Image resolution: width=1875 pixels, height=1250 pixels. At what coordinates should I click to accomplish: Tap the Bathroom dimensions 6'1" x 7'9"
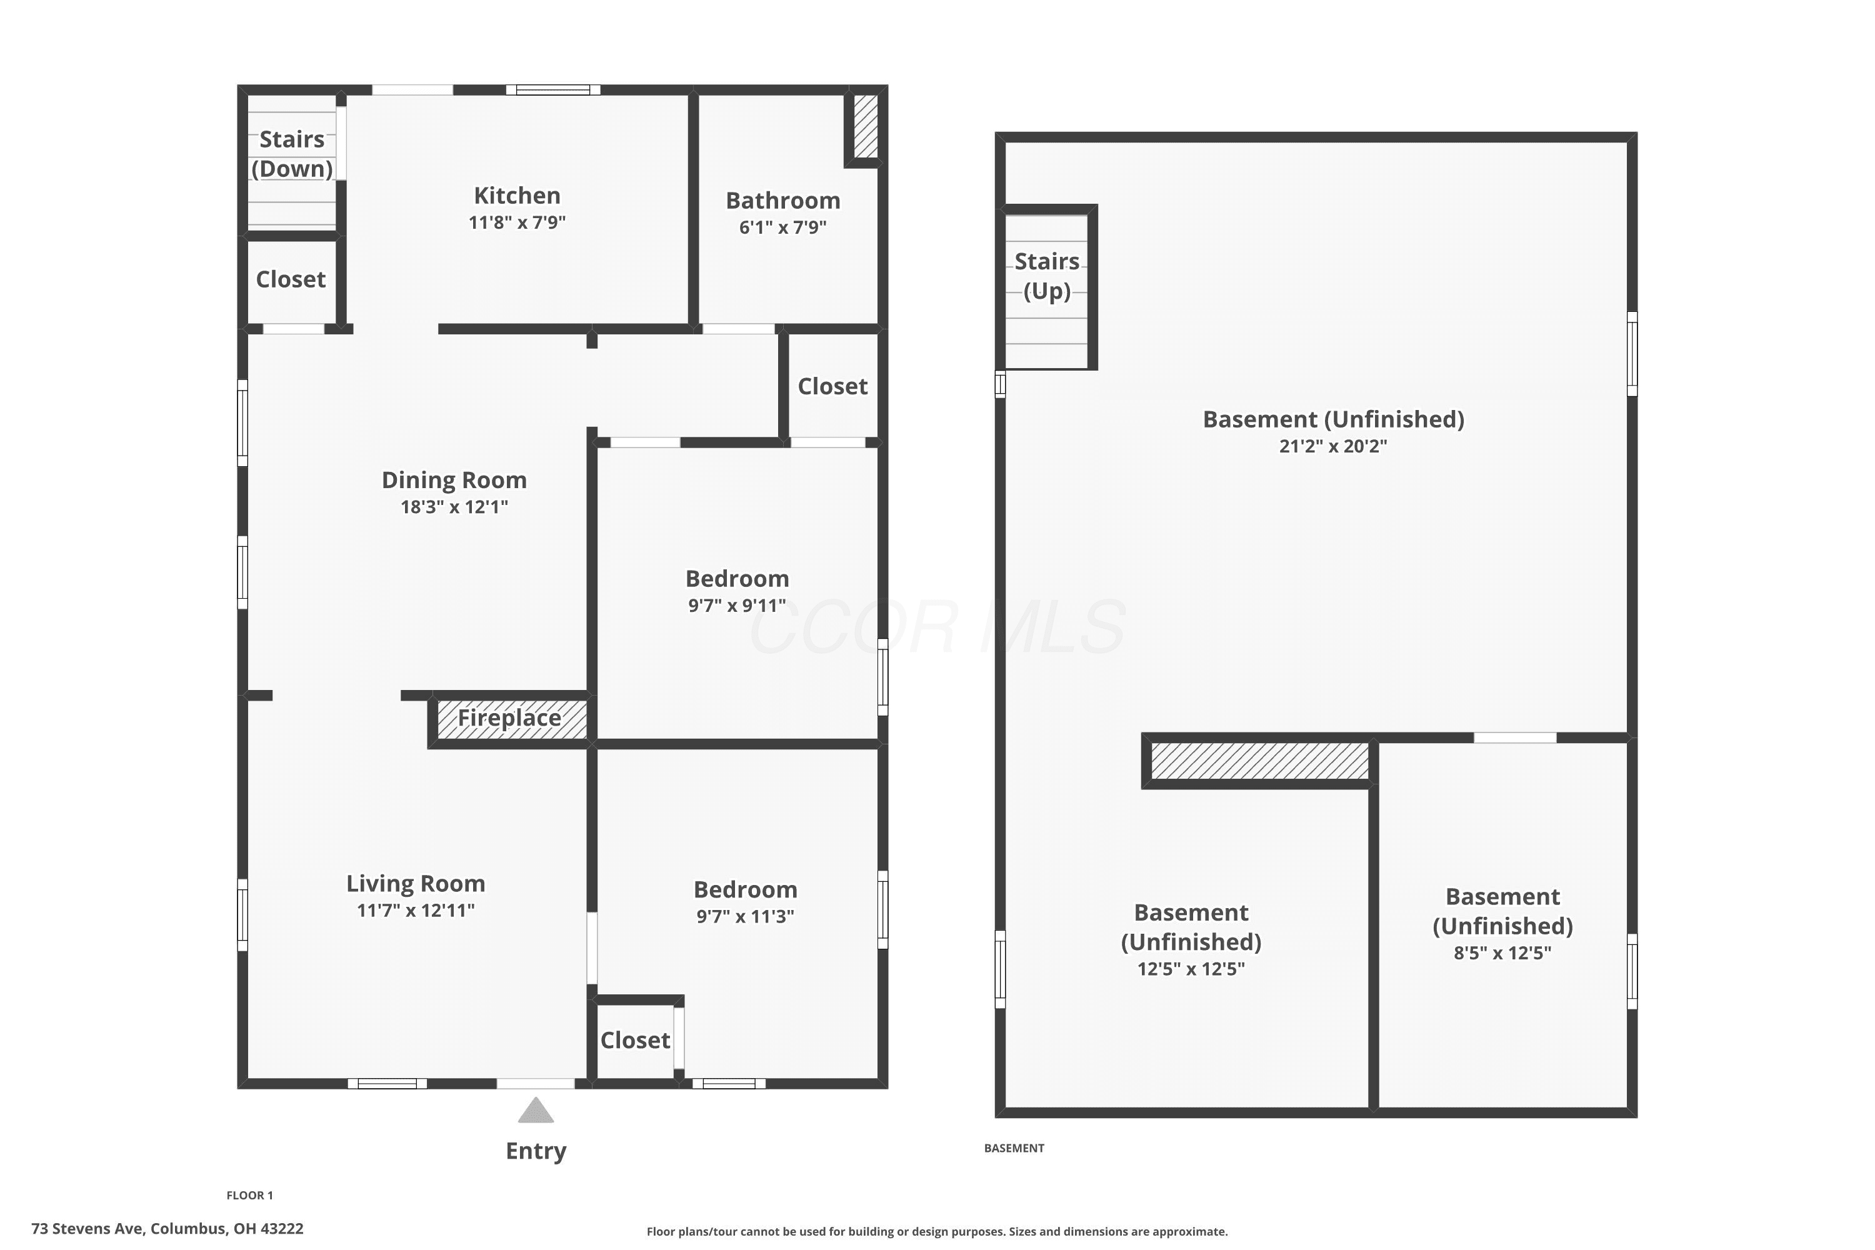click(x=783, y=227)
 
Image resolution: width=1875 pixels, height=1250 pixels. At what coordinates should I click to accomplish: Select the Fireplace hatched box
click(x=512, y=719)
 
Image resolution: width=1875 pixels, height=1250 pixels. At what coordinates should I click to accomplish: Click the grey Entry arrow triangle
click(x=536, y=1110)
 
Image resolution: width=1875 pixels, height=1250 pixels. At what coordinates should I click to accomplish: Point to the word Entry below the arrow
click(x=536, y=1151)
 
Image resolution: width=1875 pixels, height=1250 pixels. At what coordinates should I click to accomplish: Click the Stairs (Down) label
click(x=292, y=154)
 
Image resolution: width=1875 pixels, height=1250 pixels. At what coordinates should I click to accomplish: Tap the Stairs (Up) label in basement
click(x=1047, y=276)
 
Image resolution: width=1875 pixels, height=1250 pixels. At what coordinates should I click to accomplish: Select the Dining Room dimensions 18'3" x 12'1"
click(x=454, y=507)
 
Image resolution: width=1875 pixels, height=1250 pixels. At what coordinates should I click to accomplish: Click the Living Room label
click(x=416, y=883)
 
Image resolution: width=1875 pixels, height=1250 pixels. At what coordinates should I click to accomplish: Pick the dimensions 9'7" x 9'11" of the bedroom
click(x=737, y=606)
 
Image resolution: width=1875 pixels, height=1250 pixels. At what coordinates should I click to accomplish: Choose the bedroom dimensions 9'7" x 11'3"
click(x=746, y=917)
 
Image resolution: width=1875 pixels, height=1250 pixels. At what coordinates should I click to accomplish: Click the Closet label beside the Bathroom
click(x=832, y=387)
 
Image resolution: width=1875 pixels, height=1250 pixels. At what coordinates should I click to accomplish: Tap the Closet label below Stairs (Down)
click(x=291, y=280)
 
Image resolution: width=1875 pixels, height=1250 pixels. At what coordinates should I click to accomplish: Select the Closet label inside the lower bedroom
click(x=636, y=1041)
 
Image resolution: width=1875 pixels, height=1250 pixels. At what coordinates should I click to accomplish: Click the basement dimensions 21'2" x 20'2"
click(x=1333, y=446)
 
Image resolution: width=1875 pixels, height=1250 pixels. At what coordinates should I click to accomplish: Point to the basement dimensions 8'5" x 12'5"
click(x=1502, y=954)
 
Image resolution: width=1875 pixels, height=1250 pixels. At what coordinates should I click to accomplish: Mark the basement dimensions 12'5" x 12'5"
click(x=1191, y=969)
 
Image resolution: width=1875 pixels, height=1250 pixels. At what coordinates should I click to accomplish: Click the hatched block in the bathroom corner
click(x=866, y=126)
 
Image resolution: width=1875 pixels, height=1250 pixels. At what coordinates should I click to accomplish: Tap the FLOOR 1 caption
click(x=249, y=1195)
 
